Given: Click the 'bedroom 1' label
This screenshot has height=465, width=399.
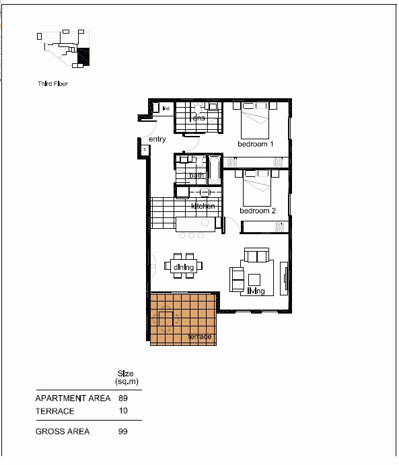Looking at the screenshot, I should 256,144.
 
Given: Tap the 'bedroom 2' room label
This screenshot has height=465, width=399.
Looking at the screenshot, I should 258,211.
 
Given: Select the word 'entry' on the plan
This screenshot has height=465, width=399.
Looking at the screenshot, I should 157,139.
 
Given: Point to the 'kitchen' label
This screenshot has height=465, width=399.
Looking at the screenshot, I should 203,206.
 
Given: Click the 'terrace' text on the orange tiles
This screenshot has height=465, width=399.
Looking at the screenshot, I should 200,336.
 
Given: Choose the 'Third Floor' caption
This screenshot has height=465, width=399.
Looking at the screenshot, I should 53,84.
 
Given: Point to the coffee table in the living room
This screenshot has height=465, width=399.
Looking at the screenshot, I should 256,279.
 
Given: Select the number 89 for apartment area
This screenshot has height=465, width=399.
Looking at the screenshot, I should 122,398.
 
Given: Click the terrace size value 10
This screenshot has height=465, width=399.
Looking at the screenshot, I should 122,411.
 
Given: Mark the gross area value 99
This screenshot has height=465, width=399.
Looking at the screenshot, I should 122,431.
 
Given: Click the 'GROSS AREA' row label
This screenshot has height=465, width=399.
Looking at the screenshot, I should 62,431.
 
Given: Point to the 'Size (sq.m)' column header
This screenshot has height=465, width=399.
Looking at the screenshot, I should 126,377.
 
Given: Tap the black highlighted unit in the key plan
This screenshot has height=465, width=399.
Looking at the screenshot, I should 83,58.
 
